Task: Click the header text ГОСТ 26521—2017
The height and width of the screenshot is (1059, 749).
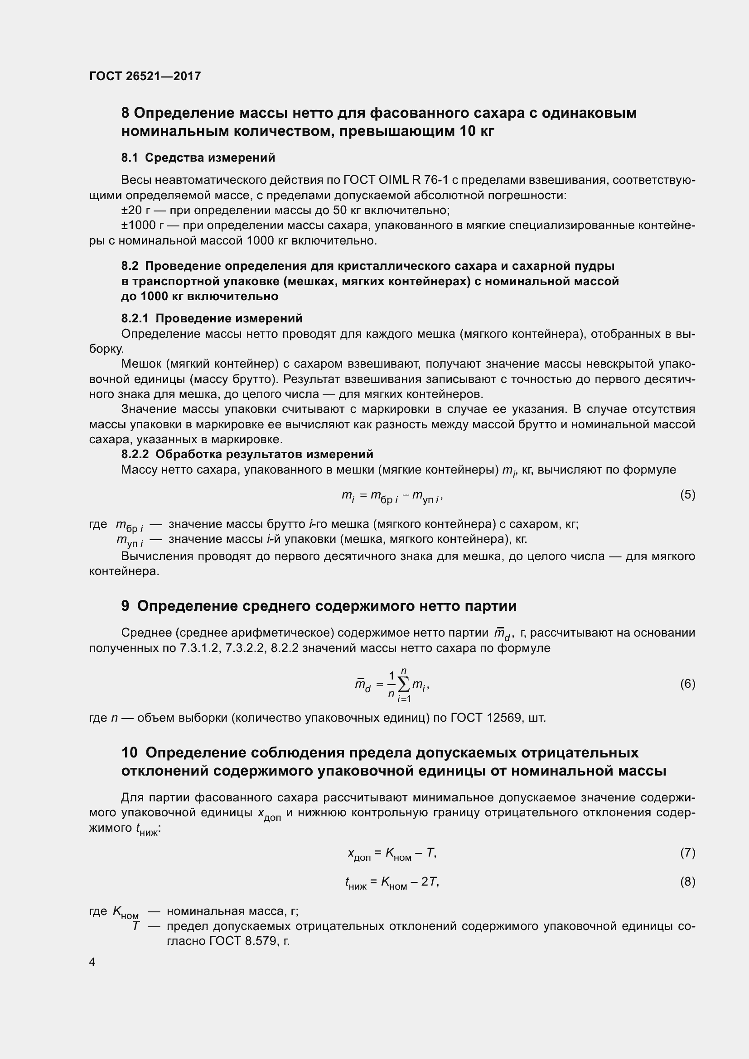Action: pos(145,76)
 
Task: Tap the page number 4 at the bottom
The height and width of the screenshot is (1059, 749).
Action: pos(92,962)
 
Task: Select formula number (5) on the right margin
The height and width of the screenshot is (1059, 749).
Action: pos(687,495)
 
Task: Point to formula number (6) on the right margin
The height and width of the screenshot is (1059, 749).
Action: pos(687,684)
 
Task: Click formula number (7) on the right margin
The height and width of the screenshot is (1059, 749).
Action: pos(687,853)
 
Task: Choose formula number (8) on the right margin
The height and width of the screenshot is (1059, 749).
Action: pos(687,882)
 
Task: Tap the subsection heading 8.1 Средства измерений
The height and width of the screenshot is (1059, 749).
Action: pos(198,158)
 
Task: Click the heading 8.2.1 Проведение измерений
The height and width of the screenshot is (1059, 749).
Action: pos(212,318)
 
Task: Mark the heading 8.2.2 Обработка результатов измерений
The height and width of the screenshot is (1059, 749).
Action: pos(247,454)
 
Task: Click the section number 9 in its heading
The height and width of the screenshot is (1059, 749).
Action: pos(126,606)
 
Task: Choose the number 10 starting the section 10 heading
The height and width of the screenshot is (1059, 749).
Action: pos(130,753)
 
